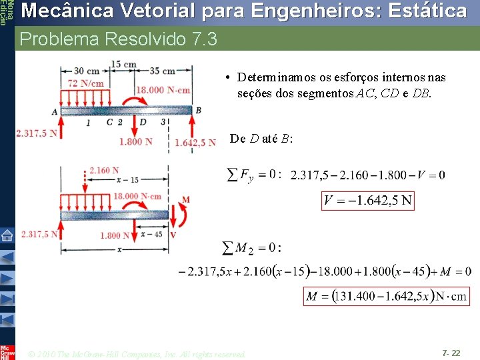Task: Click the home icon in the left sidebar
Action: point(7,235)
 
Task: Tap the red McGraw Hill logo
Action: point(7,352)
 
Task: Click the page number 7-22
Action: point(451,351)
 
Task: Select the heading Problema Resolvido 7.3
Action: point(119,39)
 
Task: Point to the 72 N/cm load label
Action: point(85,83)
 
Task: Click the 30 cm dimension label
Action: point(87,71)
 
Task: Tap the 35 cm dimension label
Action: point(163,71)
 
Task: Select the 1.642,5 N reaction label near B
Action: point(195,142)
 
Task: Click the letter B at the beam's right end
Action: point(198,110)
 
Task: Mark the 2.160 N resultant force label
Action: point(104,171)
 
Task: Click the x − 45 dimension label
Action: point(153,235)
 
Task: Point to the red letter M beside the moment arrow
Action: point(186,199)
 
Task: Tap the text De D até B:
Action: point(262,139)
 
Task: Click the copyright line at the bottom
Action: point(138,353)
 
